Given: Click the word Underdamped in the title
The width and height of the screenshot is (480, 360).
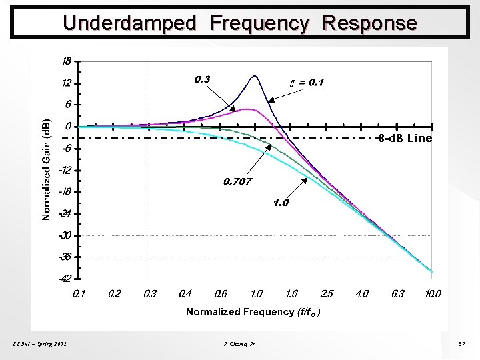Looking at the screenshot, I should (129, 23).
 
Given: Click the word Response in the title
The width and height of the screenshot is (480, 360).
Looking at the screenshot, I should (369, 23).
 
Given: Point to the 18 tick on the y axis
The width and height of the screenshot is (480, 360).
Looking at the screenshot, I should (67, 61).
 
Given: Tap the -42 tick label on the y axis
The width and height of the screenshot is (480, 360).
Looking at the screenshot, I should (65, 279).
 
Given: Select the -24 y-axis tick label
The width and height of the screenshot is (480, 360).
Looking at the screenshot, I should (65, 213).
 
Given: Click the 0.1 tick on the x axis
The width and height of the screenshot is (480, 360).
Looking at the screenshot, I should (79, 293).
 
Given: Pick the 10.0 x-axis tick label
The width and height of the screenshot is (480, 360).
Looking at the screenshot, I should (433, 293).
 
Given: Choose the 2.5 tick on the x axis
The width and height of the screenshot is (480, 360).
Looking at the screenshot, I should (327, 293).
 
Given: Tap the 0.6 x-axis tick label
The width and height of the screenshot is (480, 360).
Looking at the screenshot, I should (220, 293).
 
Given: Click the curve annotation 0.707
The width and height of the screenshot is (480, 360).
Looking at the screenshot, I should (237, 181).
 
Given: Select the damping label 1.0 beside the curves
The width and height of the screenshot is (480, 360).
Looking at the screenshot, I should (281, 203).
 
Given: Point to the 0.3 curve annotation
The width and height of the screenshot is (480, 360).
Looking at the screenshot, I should (203, 79).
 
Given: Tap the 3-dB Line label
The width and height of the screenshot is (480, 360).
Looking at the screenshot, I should (404, 139).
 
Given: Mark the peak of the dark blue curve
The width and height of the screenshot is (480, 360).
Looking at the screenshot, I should (255, 76).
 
